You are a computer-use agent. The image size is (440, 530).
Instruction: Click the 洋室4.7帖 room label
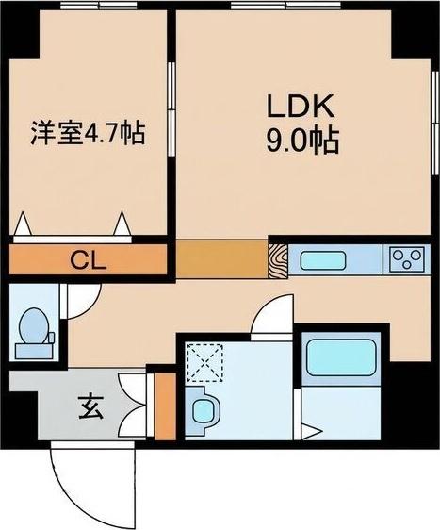89,132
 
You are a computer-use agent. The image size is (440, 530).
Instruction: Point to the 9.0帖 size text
301,142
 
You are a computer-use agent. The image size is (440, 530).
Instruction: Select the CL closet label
90,259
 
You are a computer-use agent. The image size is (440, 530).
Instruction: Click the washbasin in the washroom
204,411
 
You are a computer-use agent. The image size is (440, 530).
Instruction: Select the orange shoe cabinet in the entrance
165,405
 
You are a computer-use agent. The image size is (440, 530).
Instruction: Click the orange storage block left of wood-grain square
221,258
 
